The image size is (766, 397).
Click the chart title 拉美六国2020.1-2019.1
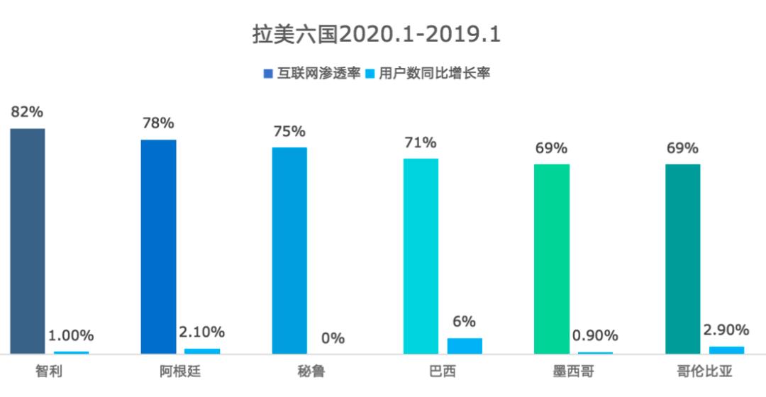point(377,35)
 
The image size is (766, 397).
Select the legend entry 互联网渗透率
point(312,73)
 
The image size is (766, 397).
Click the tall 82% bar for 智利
point(28,240)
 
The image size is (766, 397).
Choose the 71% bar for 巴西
point(421,255)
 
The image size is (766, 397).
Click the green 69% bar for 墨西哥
point(551,258)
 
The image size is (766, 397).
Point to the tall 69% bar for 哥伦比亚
point(682,258)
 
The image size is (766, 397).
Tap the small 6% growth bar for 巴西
point(465,345)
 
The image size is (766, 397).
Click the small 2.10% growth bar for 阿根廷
point(202,350)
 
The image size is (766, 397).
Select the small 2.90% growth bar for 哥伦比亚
point(726,350)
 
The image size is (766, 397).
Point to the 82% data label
point(27,112)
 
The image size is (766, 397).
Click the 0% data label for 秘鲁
point(333,338)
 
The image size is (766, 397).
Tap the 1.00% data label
point(71,335)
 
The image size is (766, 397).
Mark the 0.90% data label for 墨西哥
point(595,335)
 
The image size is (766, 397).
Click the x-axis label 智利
point(49,371)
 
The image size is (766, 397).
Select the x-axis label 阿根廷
point(180,371)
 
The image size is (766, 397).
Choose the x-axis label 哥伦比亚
point(704,371)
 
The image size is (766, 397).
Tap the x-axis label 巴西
point(442,371)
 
